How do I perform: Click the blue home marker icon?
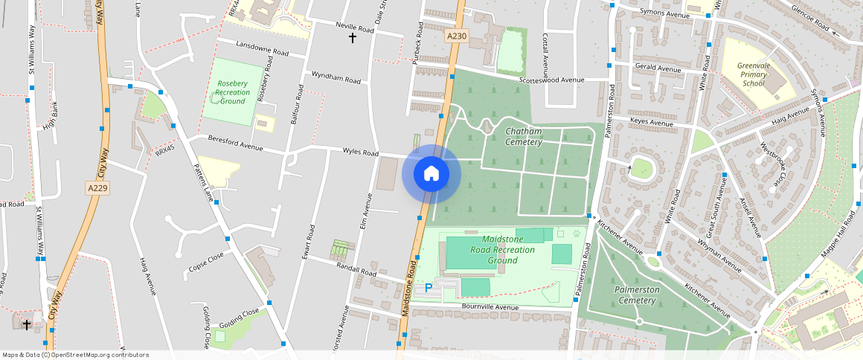pyautogui.click(x=431, y=174)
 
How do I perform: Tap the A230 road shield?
pyautogui.click(x=457, y=36)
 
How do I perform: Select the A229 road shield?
pyautogui.click(x=98, y=188)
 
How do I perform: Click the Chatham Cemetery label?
pyautogui.click(x=524, y=136)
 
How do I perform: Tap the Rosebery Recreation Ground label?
pyautogui.click(x=233, y=92)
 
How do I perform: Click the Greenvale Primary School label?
pyautogui.click(x=752, y=74)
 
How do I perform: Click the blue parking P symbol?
pyautogui.click(x=429, y=288)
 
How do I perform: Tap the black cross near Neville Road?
pyautogui.click(x=353, y=37)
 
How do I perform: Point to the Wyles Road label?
pyautogui.click(x=360, y=152)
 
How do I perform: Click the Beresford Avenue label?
pyautogui.click(x=236, y=143)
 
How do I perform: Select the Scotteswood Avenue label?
pyautogui.click(x=552, y=80)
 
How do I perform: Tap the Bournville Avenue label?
pyautogui.click(x=490, y=306)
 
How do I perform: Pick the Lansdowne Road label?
pyautogui.click(x=262, y=49)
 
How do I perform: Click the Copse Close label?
pyautogui.click(x=206, y=261)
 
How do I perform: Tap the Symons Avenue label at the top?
pyautogui.click(x=666, y=13)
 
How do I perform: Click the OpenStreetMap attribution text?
pyautogui.click(x=75, y=355)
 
